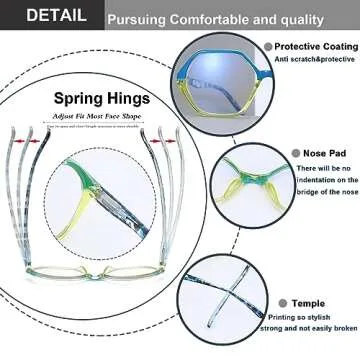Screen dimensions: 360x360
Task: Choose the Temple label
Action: (310, 302)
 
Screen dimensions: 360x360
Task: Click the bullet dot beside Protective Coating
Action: (268, 46)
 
